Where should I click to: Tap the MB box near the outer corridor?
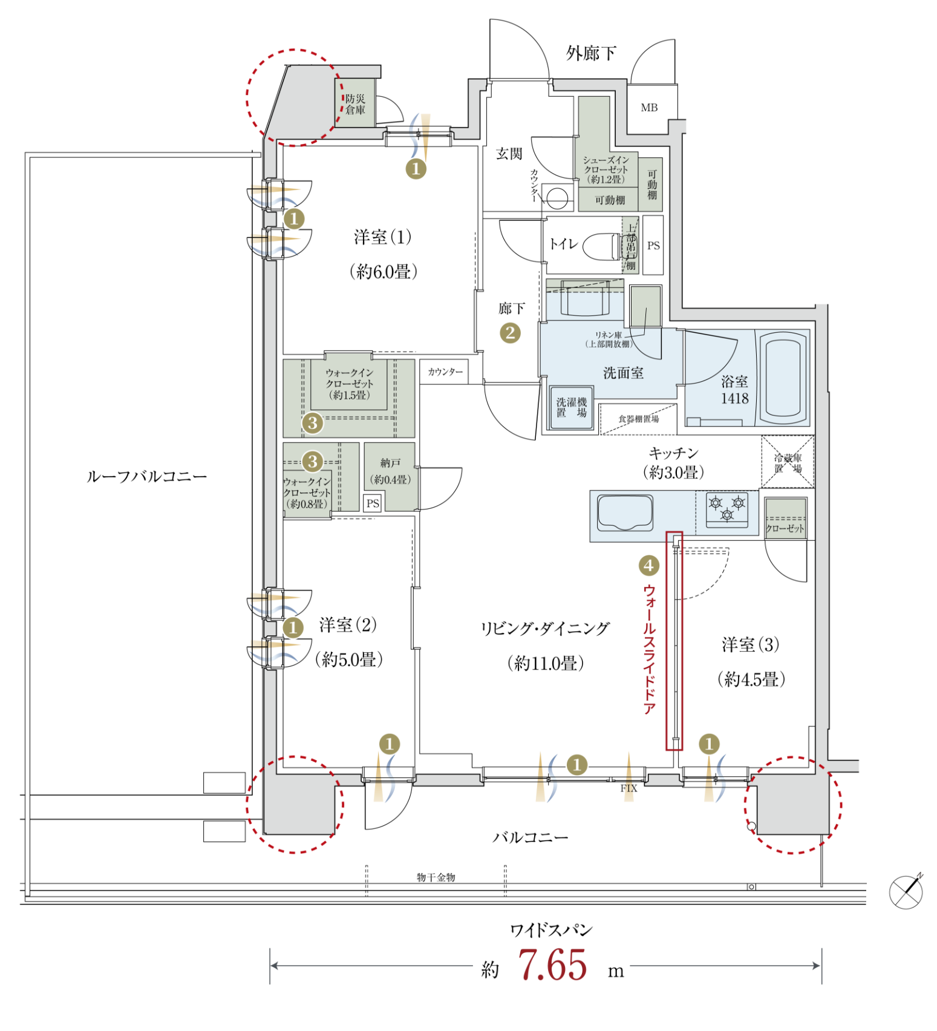tap(649, 108)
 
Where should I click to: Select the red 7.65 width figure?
tap(552, 965)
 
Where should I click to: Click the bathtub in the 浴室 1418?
tap(783, 378)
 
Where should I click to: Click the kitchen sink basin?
tap(625, 512)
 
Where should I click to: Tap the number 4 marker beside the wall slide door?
tap(648, 566)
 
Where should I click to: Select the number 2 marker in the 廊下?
tap(510, 333)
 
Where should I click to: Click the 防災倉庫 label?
tap(355, 104)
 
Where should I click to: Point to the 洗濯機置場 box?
tap(572, 408)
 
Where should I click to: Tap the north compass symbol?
tap(906, 892)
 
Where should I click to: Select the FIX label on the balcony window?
tap(628, 788)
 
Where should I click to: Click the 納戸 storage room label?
tap(390, 463)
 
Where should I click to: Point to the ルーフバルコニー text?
tap(147, 477)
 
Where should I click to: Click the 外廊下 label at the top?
tap(591, 53)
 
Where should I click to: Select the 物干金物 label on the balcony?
tap(436, 877)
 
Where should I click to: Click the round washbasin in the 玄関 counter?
tap(557, 197)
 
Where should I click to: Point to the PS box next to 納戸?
tap(373, 503)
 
